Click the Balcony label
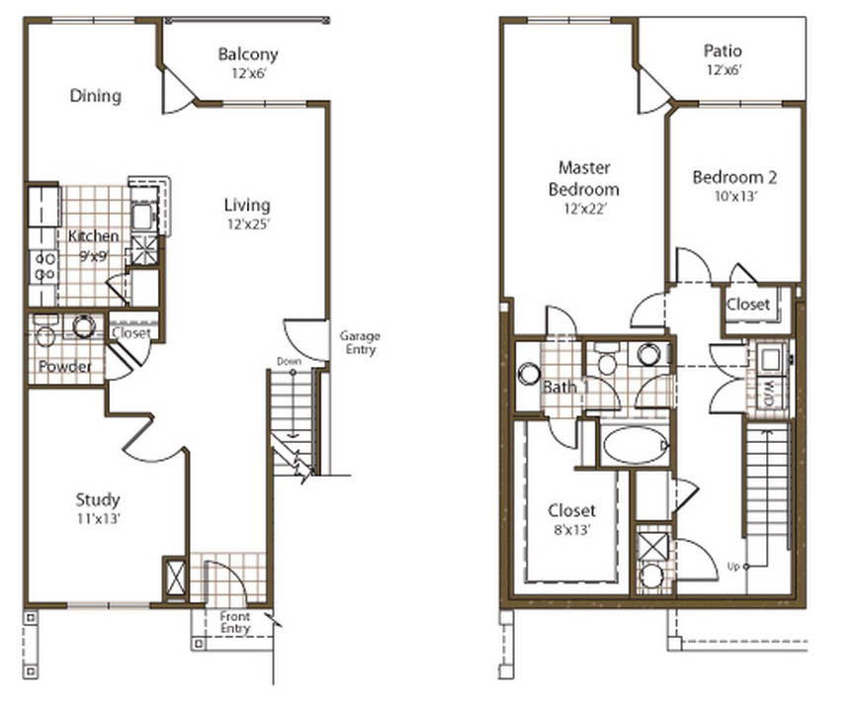[248, 54]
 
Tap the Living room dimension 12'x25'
[249, 223]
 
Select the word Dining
[96, 96]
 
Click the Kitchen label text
[94, 236]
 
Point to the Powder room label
[64, 366]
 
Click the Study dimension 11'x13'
[99, 518]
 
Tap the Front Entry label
[234, 622]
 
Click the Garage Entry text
[360, 342]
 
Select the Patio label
[723, 50]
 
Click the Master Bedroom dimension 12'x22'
[585, 209]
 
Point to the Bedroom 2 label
[734, 177]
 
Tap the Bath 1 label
[565, 387]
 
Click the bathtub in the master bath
[636, 445]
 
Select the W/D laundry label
[768, 393]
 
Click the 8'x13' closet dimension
[571, 530]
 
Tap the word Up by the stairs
[733, 567]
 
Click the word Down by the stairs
[289, 361]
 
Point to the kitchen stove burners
[43, 267]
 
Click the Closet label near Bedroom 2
[747, 305]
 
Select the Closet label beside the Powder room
[131, 333]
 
